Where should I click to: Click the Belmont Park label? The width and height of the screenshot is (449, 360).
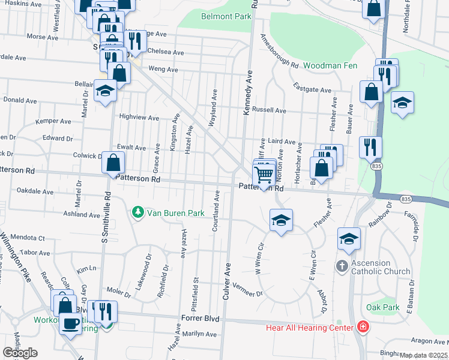(x=226, y=16)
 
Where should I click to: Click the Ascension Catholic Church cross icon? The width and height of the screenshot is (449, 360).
(x=342, y=265)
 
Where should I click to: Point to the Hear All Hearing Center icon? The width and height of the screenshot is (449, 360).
(x=363, y=328)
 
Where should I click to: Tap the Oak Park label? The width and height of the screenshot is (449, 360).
(x=382, y=307)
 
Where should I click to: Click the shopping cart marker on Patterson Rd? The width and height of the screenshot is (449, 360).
(x=264, y=176)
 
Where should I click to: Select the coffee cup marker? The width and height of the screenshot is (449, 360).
(x=70, y=323)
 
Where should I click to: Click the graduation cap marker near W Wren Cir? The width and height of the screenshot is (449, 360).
(x=280, y=220)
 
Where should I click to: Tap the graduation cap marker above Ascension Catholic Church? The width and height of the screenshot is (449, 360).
(x=349, y=239)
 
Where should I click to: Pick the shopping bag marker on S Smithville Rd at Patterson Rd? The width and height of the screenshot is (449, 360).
(x=113, y=162)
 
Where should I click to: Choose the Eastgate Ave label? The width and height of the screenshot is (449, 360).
(x=313, y=89)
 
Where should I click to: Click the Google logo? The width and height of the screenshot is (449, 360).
(x=20, y=353)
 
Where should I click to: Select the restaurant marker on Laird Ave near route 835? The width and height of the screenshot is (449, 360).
(x=370, y=146)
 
